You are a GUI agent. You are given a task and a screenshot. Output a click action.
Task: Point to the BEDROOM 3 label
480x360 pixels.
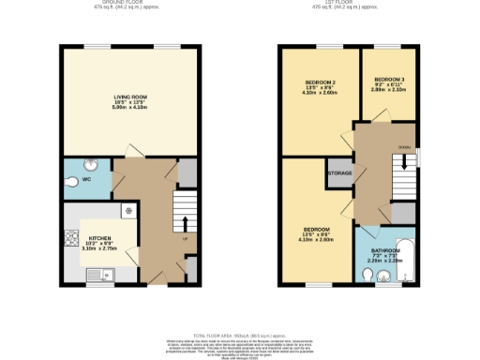[389, 79]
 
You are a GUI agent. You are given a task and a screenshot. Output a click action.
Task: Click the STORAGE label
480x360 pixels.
[338, 173]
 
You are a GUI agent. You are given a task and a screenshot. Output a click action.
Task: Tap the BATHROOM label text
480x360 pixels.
[385, 250]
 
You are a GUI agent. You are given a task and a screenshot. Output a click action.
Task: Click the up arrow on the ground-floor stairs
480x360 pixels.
[184, 225]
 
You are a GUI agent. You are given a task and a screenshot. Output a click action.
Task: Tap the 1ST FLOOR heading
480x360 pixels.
[347, 3]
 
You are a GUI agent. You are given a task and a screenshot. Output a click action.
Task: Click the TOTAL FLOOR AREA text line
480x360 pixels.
[239, 335]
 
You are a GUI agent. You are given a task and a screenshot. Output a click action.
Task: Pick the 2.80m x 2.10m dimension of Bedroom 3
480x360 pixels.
[389, 90]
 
